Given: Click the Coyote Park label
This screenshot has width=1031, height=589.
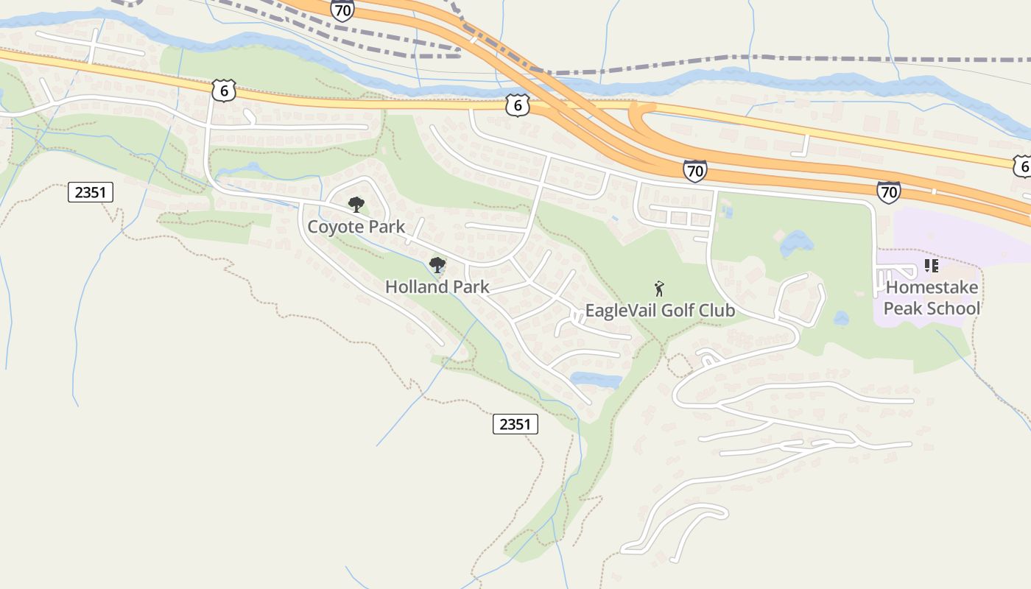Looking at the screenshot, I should coord(356,227).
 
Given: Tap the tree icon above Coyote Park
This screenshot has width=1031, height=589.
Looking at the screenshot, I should coord(356,204).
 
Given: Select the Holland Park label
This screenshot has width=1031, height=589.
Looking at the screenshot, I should coord(437,287).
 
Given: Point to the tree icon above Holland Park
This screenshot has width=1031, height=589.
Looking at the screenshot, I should coord(437,265).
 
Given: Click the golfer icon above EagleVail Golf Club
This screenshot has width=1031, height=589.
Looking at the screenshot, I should coord(659,288).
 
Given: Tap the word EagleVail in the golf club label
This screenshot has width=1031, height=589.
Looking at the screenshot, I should coord(621,311).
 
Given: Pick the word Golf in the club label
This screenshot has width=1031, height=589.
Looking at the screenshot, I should coord(678,311).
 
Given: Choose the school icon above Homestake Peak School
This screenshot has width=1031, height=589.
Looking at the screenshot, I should coord(931,266).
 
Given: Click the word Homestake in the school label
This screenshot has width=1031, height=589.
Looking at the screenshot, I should coord(932,287).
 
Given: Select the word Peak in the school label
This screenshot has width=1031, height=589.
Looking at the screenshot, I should coord(903,308).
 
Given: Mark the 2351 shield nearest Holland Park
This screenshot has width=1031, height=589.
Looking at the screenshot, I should coord(515,424).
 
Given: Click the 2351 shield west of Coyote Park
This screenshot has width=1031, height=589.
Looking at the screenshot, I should coord(91,193).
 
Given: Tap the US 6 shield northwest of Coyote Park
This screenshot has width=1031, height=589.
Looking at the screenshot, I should coord(223,91).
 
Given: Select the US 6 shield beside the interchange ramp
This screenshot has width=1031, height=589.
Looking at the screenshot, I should coord(518,105).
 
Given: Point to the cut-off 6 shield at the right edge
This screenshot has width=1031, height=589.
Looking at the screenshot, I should coord(1023,166).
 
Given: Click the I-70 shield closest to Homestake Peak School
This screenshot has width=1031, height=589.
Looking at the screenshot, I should coord(889,192).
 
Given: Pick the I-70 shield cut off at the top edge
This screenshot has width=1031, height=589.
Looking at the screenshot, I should coord(342,10).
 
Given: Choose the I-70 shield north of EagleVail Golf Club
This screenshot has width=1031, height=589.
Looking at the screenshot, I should coord(694,172).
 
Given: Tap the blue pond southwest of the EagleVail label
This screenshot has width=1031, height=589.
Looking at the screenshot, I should coord(597,380).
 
